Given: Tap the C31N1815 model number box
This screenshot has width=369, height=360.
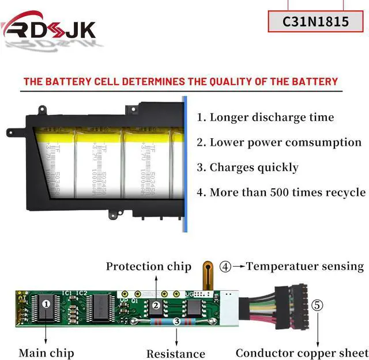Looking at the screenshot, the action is pos(315,22).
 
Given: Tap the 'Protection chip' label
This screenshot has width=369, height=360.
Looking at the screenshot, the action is pos(148,266).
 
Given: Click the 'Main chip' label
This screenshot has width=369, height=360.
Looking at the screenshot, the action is pos(46,352).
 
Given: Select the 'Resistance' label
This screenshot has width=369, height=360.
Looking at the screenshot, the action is pos(176,354).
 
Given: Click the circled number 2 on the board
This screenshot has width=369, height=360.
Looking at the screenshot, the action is pos(155,306).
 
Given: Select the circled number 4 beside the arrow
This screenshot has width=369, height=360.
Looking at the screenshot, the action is pos(225,267).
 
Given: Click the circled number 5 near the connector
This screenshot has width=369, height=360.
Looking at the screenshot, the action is pos(317,305).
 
